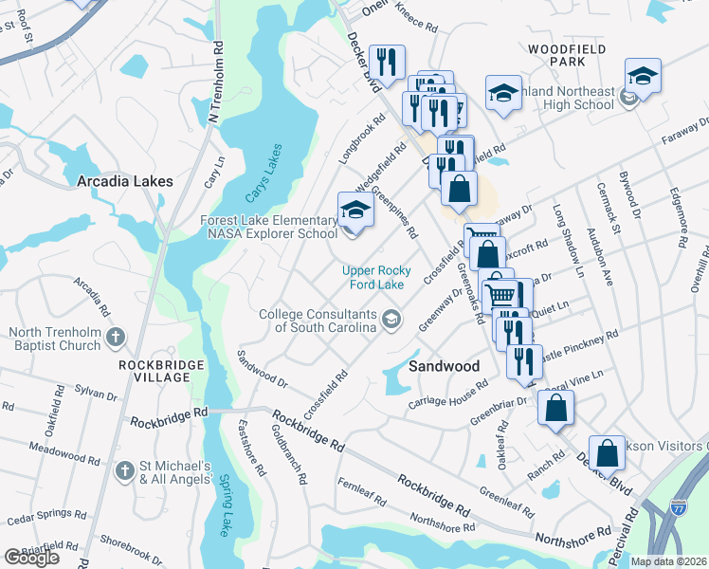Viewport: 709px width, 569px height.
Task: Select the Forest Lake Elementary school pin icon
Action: [x=355, y=211]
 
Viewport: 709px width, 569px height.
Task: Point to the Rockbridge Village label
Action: [x=155, y=371]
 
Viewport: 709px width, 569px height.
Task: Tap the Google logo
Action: [x=31, y=558]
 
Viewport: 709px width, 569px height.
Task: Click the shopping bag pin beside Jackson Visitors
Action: [x=607, y=453]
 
